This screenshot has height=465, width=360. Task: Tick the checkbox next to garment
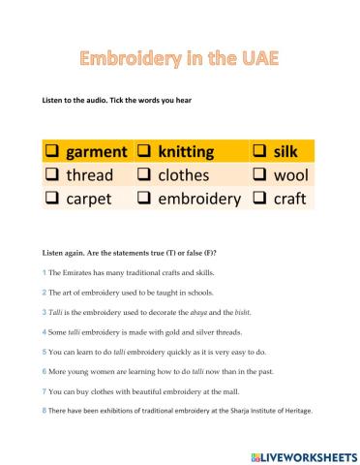[51, 152]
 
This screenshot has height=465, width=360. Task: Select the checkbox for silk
[259, 152]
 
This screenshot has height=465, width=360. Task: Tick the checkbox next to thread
[51, 175]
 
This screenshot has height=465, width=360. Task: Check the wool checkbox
[259, 175]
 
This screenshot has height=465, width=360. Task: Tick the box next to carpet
[51, 199]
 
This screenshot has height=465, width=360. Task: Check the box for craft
[259, 199]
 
